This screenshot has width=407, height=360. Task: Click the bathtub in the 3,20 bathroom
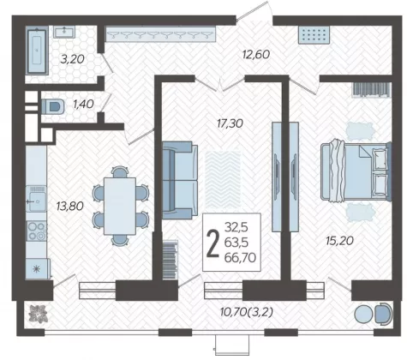(37, 51)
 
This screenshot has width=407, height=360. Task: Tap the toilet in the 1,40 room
(53, 106)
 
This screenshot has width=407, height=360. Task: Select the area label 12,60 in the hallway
(256, 54)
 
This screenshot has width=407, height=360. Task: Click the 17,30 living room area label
(230, 123)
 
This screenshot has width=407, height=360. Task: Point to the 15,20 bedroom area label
(340, 241)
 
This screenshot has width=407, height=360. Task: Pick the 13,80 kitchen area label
(70, 206)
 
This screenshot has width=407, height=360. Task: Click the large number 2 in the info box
(212, 243)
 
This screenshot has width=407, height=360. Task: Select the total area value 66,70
(240, 258)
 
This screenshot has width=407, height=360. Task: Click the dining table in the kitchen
(120, 206)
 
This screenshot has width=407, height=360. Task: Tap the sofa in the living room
(180, 180)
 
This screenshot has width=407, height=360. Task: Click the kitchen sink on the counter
(36, 199)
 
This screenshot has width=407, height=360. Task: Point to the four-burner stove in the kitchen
(37, 231)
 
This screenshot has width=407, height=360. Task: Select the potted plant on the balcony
(37, 315)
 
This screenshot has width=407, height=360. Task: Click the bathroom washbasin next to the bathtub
(64, 32)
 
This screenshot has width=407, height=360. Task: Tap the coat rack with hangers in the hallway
(160, 34)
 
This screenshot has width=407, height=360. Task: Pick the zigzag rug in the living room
(223, 180)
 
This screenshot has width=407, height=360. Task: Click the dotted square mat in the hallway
(314, 35)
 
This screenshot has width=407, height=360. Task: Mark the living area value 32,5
(236, 227)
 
